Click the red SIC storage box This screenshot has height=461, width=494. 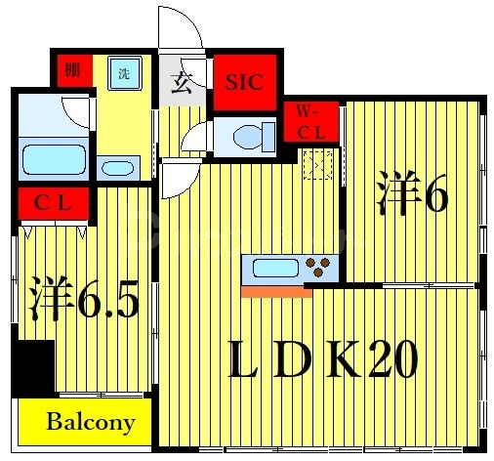(245, 82)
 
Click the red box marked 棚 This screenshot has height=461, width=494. (71, 70)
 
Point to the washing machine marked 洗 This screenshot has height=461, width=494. (125, 72)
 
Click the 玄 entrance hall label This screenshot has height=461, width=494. (183, 83)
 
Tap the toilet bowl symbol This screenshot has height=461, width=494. (244, 137)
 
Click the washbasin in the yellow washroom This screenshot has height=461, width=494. (119, 167)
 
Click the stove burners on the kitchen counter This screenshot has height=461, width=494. (319, 265)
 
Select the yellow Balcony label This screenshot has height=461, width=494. (90, 423)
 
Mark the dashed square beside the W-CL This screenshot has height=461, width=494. (319, 166)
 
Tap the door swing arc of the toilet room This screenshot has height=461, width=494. (196, 140)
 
